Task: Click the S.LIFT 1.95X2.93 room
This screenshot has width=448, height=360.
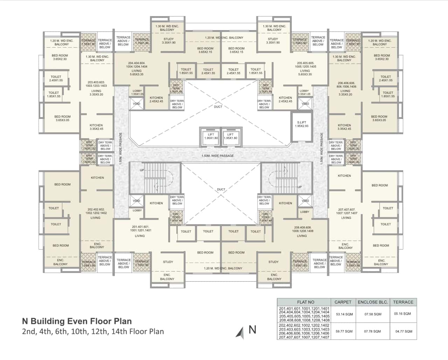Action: [301, 124]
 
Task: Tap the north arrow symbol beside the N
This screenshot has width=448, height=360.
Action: [240, 333]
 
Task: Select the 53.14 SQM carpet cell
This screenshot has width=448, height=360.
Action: [344, 314]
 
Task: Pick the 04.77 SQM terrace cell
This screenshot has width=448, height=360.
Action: [404, 331]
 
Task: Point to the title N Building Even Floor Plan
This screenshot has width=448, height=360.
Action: [77, 321]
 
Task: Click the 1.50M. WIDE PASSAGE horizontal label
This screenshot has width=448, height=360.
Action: [217, 156]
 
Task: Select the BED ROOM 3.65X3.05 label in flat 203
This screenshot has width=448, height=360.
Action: [62, 118]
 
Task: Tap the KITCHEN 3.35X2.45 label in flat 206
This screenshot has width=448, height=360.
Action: [344, 127]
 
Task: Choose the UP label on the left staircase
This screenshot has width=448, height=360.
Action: [142, 170]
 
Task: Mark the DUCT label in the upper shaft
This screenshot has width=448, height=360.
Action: [218, 107]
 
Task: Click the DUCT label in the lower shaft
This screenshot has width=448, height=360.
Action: [221, 189]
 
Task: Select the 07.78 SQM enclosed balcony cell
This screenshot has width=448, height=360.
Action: [373, 331]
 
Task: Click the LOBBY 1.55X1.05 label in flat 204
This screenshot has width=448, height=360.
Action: [137, 92]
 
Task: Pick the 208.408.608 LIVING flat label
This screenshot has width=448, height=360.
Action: [302, 231]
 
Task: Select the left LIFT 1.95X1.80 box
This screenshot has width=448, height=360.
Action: [211, 136]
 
